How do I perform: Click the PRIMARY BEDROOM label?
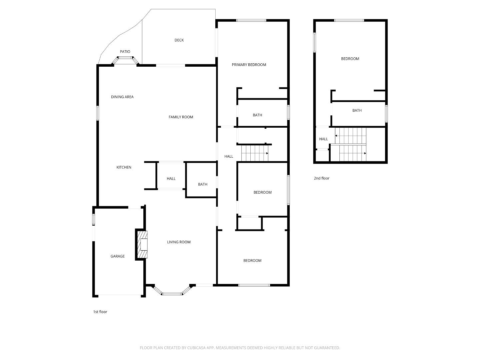tap(249, 65)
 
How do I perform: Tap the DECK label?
tap(179, 40)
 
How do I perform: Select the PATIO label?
tap(125, 52)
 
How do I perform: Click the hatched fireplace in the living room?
tap(142, 244)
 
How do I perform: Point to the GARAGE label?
tap(117, 256)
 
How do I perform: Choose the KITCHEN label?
tap(124, 167)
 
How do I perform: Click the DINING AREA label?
tap(122, 97)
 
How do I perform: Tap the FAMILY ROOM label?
tap(181, 117)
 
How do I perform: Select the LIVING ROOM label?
tap(179, 242)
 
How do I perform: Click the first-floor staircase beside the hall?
tap(255, 153)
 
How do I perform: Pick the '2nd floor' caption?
tap(321, 178)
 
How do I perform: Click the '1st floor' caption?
tap(100, 312)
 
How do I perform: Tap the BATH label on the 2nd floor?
tap(357, 111)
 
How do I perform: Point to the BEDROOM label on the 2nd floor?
tap(350, 59)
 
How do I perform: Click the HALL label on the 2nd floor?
tap(323, 139)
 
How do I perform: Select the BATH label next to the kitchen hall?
tap(202, 184)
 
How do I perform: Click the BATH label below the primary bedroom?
tap(257, 115)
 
